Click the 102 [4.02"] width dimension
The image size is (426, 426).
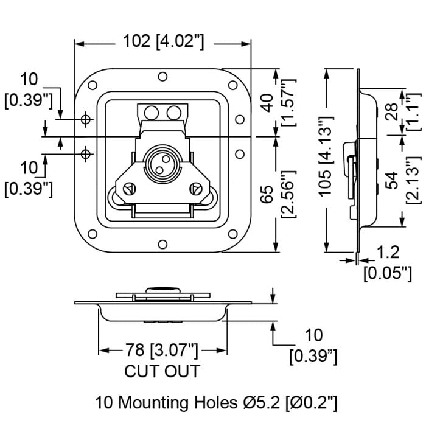click(162, 41)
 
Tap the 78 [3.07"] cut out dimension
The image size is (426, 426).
click(162, 351)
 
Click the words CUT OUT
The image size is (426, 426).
click(162, 371)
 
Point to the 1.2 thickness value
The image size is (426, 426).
click(388, 251)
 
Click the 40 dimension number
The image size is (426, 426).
click(267, 102)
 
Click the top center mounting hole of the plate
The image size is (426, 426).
click(162, 77)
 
